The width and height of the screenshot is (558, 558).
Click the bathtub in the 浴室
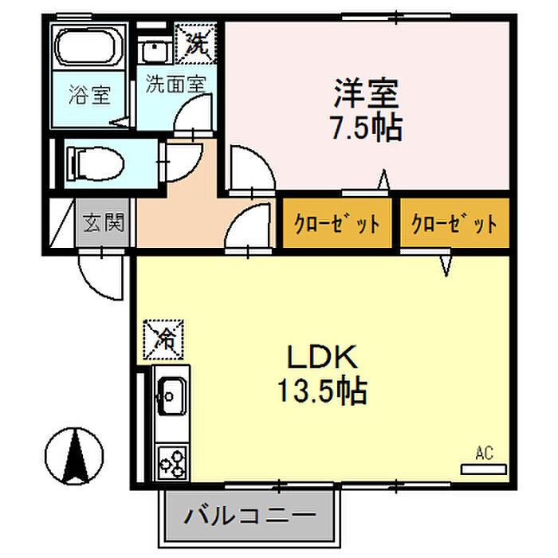point(89,47)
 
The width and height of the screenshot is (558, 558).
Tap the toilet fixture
point(96,163)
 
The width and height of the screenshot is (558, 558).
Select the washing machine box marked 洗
point(195,43)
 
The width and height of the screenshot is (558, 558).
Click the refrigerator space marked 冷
point(163,339)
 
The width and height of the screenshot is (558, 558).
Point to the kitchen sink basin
point(172,395)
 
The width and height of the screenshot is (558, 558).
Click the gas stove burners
point(172,463)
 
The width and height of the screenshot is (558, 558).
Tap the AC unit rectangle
point(483,470)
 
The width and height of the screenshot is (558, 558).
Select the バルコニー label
point(250,515)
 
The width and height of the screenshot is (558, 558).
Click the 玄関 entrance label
point(104,222)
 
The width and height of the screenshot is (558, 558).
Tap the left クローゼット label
point(336,223)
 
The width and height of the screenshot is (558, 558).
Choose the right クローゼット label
point(454,223)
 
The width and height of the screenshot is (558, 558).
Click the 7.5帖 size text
point(367,127)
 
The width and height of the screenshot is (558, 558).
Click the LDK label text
point(322,357)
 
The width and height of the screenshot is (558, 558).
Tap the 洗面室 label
point(176,84)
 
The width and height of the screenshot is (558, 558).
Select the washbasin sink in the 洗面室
point(155,50)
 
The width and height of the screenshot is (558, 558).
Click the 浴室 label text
point(89,95)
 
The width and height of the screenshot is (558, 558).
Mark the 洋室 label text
point(366,93)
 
